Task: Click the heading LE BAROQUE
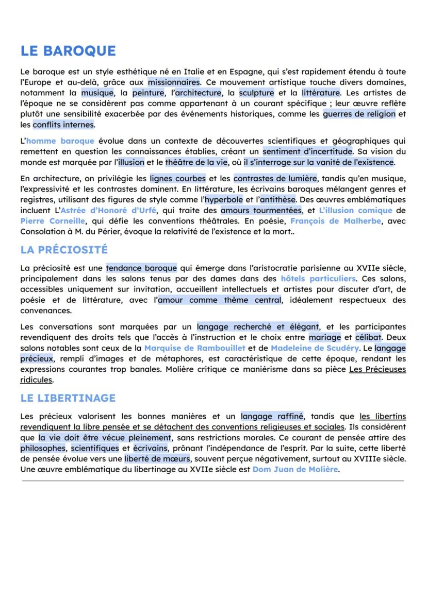tap(68, 51)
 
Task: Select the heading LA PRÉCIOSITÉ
tap(64, 250)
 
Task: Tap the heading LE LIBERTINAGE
tap(68, 398)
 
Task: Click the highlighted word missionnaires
tap(173, 82)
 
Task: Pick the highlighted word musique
tap(97, 93)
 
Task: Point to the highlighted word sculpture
tap(256, 93)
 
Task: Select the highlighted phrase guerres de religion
tap(359, 114)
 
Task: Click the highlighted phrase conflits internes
tap(63, 125)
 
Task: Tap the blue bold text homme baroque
tap(60, 141)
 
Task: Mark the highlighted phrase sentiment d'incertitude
tap(307, 151)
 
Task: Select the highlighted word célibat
tap(364, 337)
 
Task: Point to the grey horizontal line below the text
tap(213, 481)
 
